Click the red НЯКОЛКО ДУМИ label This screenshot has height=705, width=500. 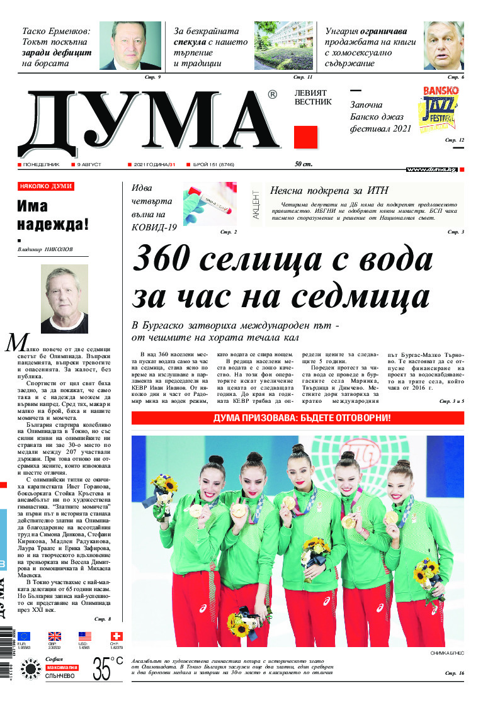click(46, 187)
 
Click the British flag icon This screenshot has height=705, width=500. click(55, 636)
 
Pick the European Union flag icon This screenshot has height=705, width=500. click(24, 636)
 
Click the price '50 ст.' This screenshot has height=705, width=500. click(303, 164)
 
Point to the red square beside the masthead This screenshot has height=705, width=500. click(305, 137)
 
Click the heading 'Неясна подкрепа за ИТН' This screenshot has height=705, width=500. click(329, 191)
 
